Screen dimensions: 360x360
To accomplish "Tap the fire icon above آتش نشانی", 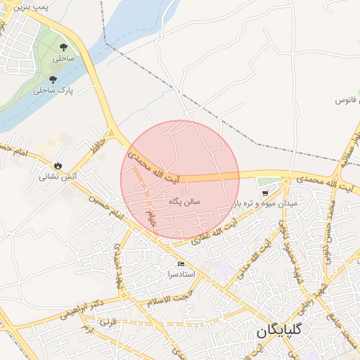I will (x=58, y=167).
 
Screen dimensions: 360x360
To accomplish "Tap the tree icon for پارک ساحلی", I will (x=53, y=79).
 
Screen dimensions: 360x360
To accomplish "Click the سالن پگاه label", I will (x=185, y=201).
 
